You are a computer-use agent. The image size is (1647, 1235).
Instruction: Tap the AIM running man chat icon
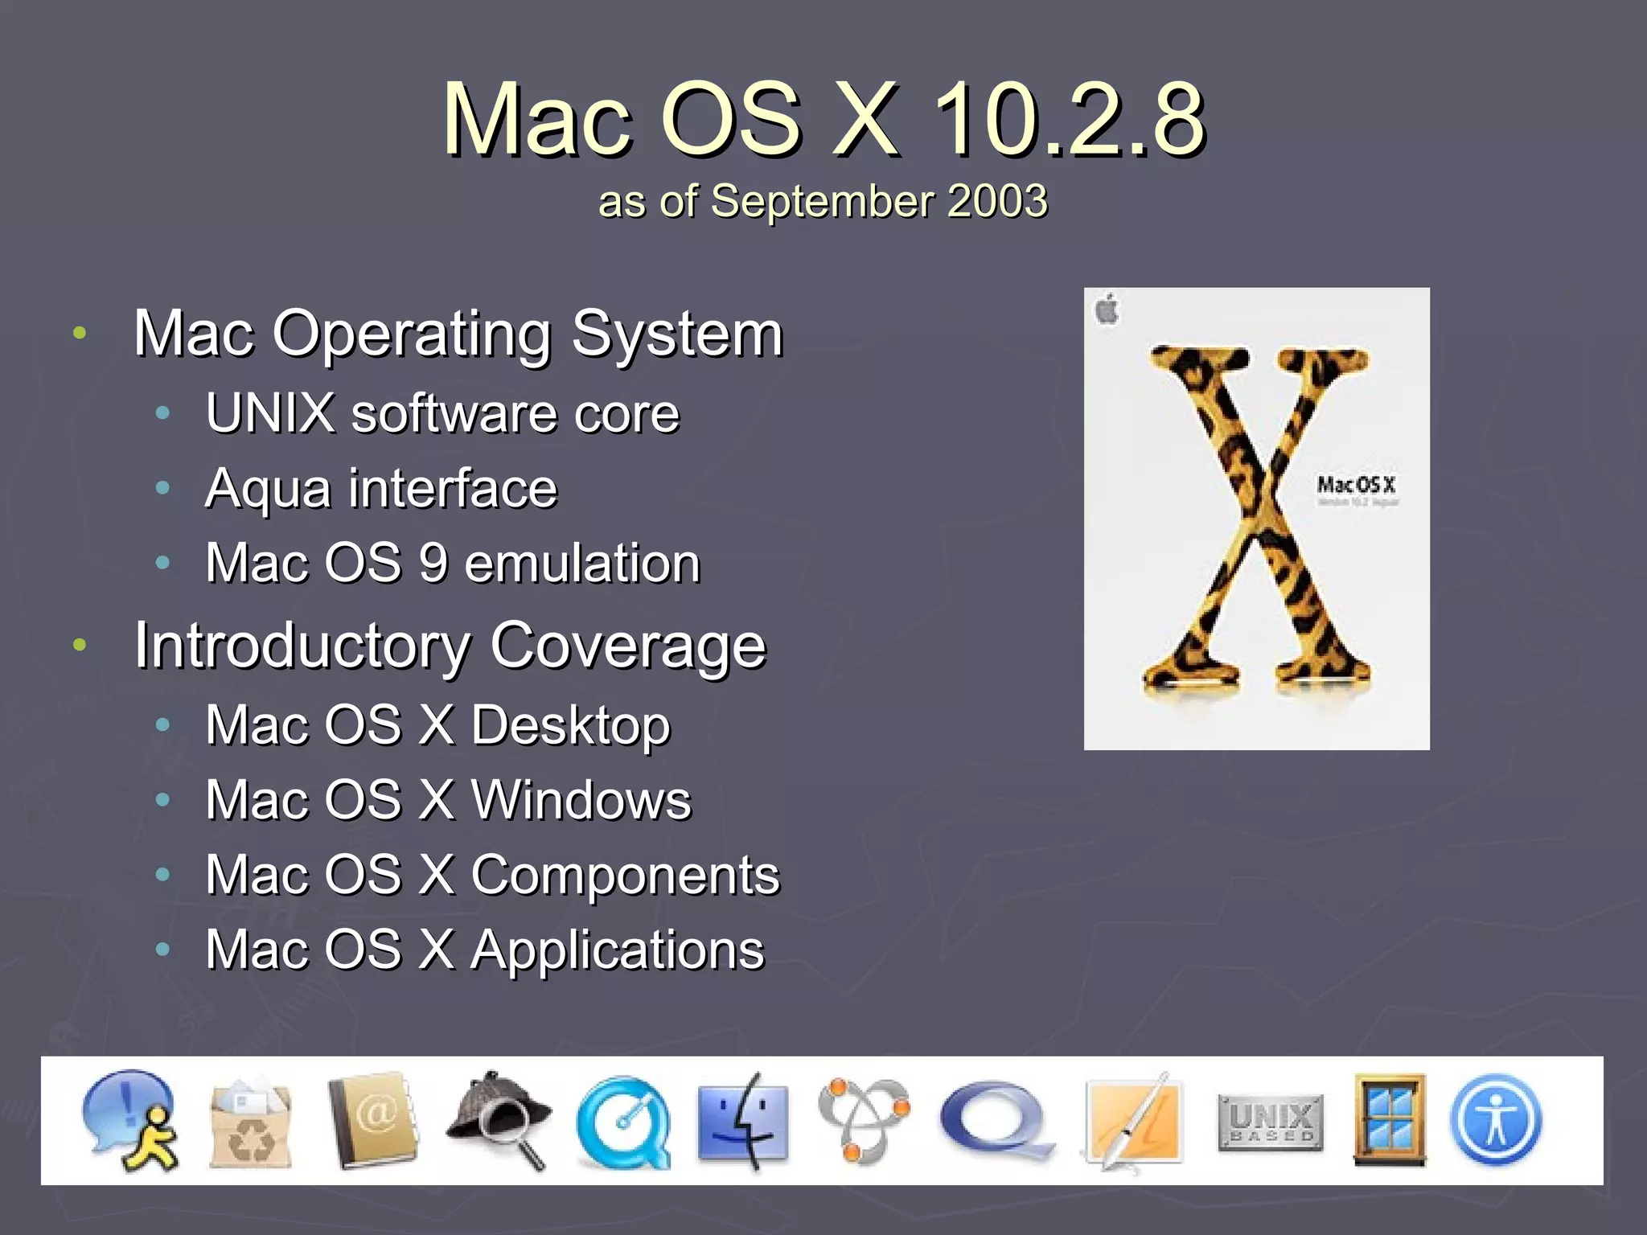click(x=131, y=1121)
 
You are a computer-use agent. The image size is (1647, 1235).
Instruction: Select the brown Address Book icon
click(x=373, y=1119)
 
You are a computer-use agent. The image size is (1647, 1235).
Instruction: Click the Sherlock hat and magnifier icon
click(x=499, y=1119)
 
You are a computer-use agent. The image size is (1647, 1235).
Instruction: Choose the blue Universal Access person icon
click(x=1496, y=1121)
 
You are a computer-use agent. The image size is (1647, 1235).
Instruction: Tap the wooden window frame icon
click(x=1390, y=1119)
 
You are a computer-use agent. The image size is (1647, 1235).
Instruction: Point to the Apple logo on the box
click(x=1107, y=310)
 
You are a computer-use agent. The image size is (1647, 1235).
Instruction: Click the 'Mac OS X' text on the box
click(x=1356, y=485)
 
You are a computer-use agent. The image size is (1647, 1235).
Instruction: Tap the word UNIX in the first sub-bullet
click(x=270, y=413)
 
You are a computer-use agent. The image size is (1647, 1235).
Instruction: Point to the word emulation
click(x=582, y=563)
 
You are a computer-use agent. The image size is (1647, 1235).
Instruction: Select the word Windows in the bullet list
click(x=581, y=800)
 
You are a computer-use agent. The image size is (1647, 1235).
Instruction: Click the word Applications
click(x=618, y=950)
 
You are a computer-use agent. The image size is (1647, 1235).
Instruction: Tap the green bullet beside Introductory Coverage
click(x=79, y=645)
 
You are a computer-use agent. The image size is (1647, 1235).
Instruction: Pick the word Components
click(x=625, y=875)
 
